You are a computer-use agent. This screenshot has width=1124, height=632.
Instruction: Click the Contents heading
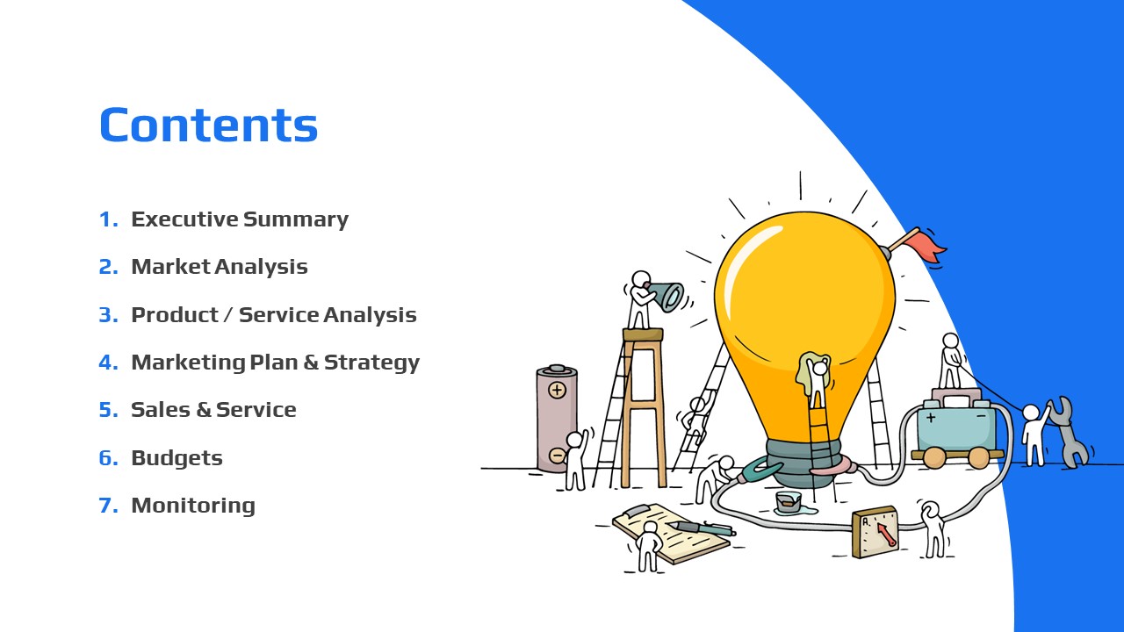(209, 125)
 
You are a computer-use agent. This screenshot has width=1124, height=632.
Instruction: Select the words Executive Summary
(240, 219)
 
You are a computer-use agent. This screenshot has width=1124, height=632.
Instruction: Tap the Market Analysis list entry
(220, 267)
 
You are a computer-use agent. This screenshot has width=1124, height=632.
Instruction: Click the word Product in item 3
(175, 315)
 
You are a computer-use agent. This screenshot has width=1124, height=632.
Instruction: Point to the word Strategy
(371, 363)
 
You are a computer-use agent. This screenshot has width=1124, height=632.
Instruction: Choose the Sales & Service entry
(213, 410)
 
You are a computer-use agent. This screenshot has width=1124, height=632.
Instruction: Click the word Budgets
(177, 458)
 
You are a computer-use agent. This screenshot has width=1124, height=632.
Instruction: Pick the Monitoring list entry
(193, 506)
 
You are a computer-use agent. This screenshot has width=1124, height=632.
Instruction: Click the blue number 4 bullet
(108, 363)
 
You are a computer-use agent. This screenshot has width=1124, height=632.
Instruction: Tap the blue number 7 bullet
(108, 505)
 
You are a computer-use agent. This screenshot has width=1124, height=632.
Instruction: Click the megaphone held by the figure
(666, 296)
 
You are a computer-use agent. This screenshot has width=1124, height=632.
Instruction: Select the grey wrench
(1069, 431)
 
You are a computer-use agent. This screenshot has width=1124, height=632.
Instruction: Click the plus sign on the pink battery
(557, 390)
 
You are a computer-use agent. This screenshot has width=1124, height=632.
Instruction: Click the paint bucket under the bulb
(789, 501)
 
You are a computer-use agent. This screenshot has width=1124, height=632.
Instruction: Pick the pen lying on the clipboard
(702, 528)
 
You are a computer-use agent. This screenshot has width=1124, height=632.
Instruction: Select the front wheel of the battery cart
(933, 457)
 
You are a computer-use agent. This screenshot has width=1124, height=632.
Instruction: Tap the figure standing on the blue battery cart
(950, 361)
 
